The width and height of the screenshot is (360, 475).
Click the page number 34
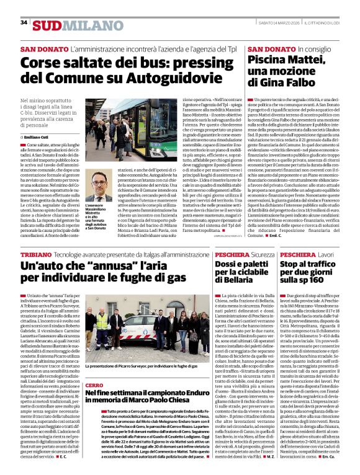tap(24, 23)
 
